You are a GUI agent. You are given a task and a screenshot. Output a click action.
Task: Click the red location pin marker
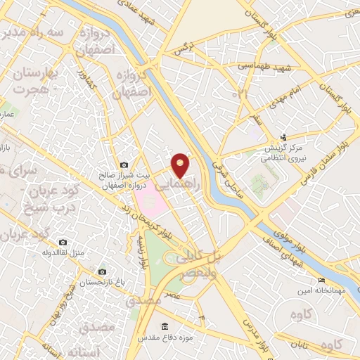(180, 165)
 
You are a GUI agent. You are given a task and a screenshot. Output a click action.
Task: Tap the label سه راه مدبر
(35, 32)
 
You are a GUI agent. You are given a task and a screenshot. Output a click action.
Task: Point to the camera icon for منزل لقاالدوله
(62, 242)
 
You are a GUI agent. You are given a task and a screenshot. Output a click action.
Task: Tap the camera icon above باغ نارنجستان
(102, 271)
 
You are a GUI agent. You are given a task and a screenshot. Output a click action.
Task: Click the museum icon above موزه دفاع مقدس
(165, 326)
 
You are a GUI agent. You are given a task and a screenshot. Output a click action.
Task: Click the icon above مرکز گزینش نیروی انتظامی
(283, 137)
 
